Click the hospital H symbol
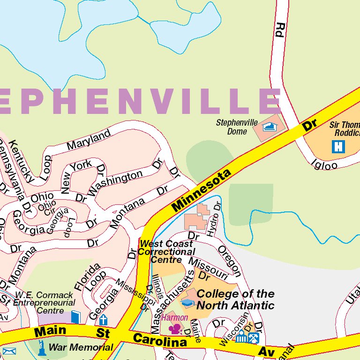pyautogui.click(x=337, y=147)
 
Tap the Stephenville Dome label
pyautogui.click(x=237, y=127)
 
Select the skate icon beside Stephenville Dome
pyautogui.click(x=270, y=127)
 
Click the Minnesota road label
pyautogui.click(x=202, y=190)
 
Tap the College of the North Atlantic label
pyautogui.click(x=235, y=300)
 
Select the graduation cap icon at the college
pyautogui.click(x=188, y=303)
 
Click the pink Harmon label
pyautogui.click(x=174, y=317)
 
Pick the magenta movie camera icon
pyautogui.click(x=175, y=329)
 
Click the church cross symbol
pyautogui.click(x=103, y=320)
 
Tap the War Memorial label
pyautogui.click(x=81, y=347)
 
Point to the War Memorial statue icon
pyautogui.click(x=42, y=348)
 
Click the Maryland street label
pyautogui.click(x=88, y=140)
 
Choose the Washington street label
pyautogui.click(x=115, y=183)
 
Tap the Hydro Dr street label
pyautogui.click(x=214, y=219)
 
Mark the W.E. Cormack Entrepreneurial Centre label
pyautogui.click(x=44, y=303)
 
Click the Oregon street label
pyautogui.click(x=230, y=261)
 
